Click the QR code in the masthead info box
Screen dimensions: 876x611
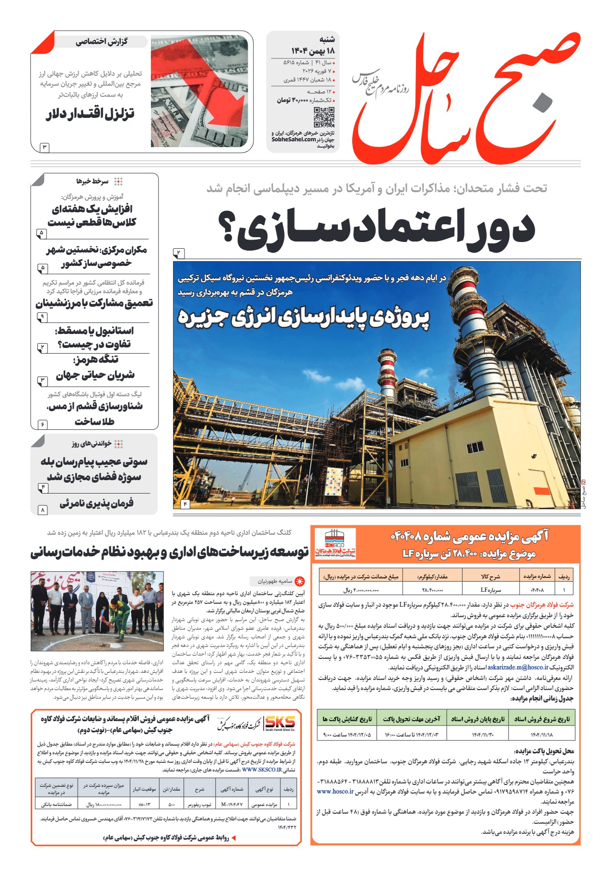[323, 117]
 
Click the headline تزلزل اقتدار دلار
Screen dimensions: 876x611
[90, 114]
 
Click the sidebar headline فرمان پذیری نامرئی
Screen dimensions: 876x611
[96, 503]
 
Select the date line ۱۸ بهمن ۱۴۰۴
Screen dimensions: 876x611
[312, 51]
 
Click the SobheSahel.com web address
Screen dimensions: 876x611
[293, 139]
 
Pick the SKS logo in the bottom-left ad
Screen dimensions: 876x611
[280, 723]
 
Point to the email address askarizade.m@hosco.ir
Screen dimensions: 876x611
[518, 667]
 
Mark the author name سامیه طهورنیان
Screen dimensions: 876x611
[275, 581]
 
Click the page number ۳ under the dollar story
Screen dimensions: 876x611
[44, 147]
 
